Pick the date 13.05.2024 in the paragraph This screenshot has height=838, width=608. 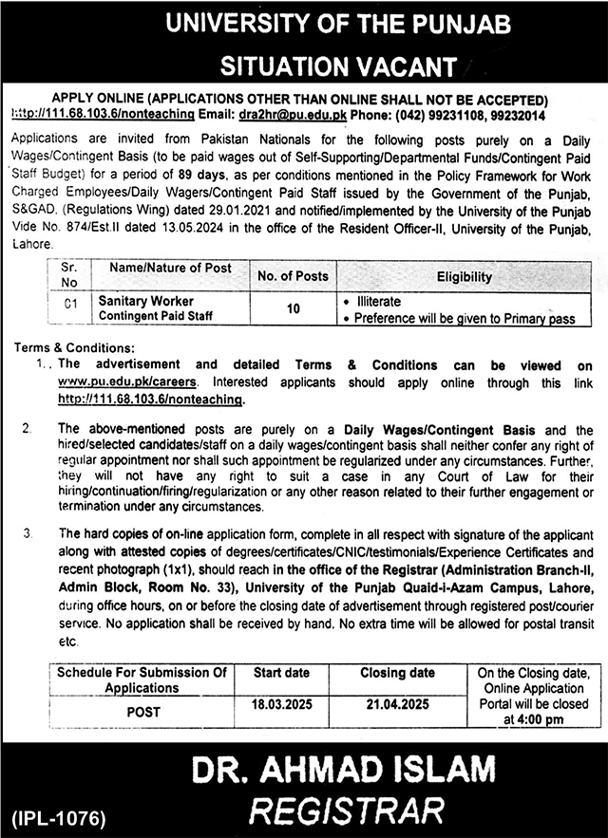point(224,231)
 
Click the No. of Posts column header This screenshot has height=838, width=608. point(293,276)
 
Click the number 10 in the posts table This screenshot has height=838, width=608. point(293,308)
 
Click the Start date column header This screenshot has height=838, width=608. point(281,673)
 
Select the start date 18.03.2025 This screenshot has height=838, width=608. point(281,706)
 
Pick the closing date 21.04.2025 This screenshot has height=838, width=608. point(397,706)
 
